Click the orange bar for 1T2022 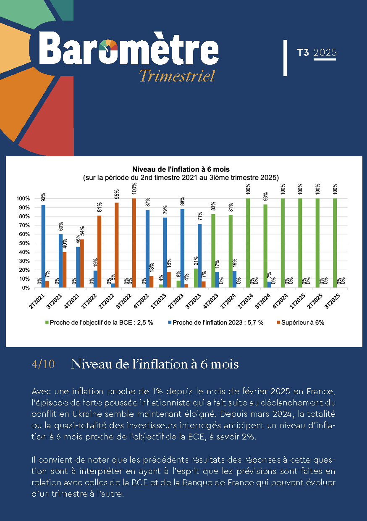(x=99, y=252)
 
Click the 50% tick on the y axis (x=23, y=243)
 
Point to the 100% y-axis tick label (x=22, y=199)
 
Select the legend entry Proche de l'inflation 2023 (x=217, y=323)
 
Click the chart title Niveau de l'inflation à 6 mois (x=181, y=169)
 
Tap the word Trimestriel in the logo (x=177, y=76)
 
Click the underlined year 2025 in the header (x=325, y=53)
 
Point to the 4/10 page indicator (x=43, y=364)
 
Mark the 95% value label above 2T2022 (x=116, y=195)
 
